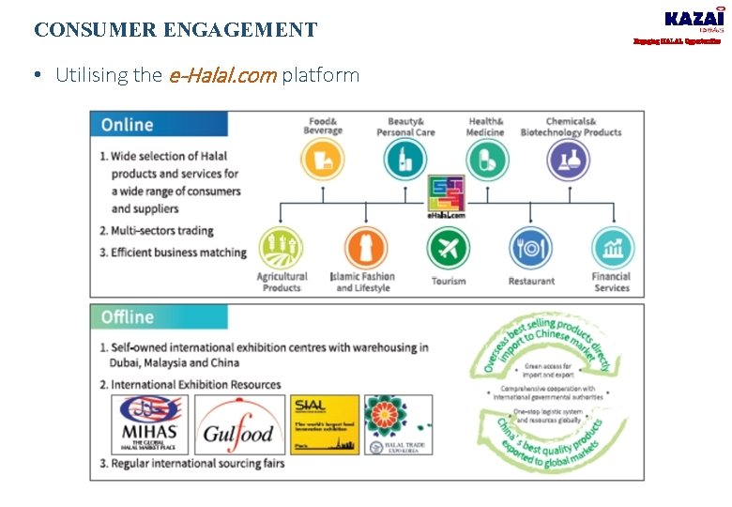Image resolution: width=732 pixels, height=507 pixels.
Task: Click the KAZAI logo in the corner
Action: pos(694,21)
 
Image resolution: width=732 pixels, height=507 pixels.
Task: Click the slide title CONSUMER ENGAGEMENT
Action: pos(175,30)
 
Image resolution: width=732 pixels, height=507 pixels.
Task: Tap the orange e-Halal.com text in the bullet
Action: pos(222,75)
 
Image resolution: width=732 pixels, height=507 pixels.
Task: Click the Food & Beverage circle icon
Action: pos(324,160)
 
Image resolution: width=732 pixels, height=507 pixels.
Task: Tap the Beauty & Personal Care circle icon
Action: pos(405,160)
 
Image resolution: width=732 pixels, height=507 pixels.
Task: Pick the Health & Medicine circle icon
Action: pos(486,160)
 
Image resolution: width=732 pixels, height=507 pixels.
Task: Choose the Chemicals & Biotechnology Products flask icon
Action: pos(570,160)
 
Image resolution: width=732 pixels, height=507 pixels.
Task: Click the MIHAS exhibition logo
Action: pos(150,424)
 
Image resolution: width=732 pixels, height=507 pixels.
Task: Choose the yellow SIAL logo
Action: pos(325,424)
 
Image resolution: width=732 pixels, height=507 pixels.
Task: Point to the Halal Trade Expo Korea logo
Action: pos(398,424)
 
